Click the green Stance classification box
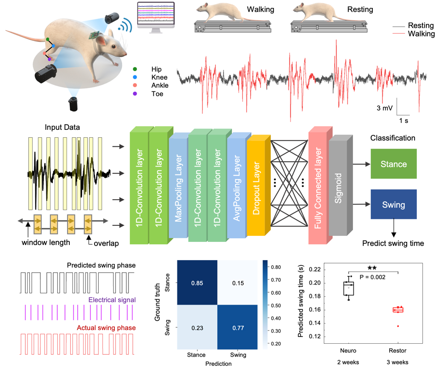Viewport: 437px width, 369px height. [394, 164]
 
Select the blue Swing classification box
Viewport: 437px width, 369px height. [394, 204]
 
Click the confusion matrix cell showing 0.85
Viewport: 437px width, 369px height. [197, 283]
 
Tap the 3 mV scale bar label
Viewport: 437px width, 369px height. [385, 108]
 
